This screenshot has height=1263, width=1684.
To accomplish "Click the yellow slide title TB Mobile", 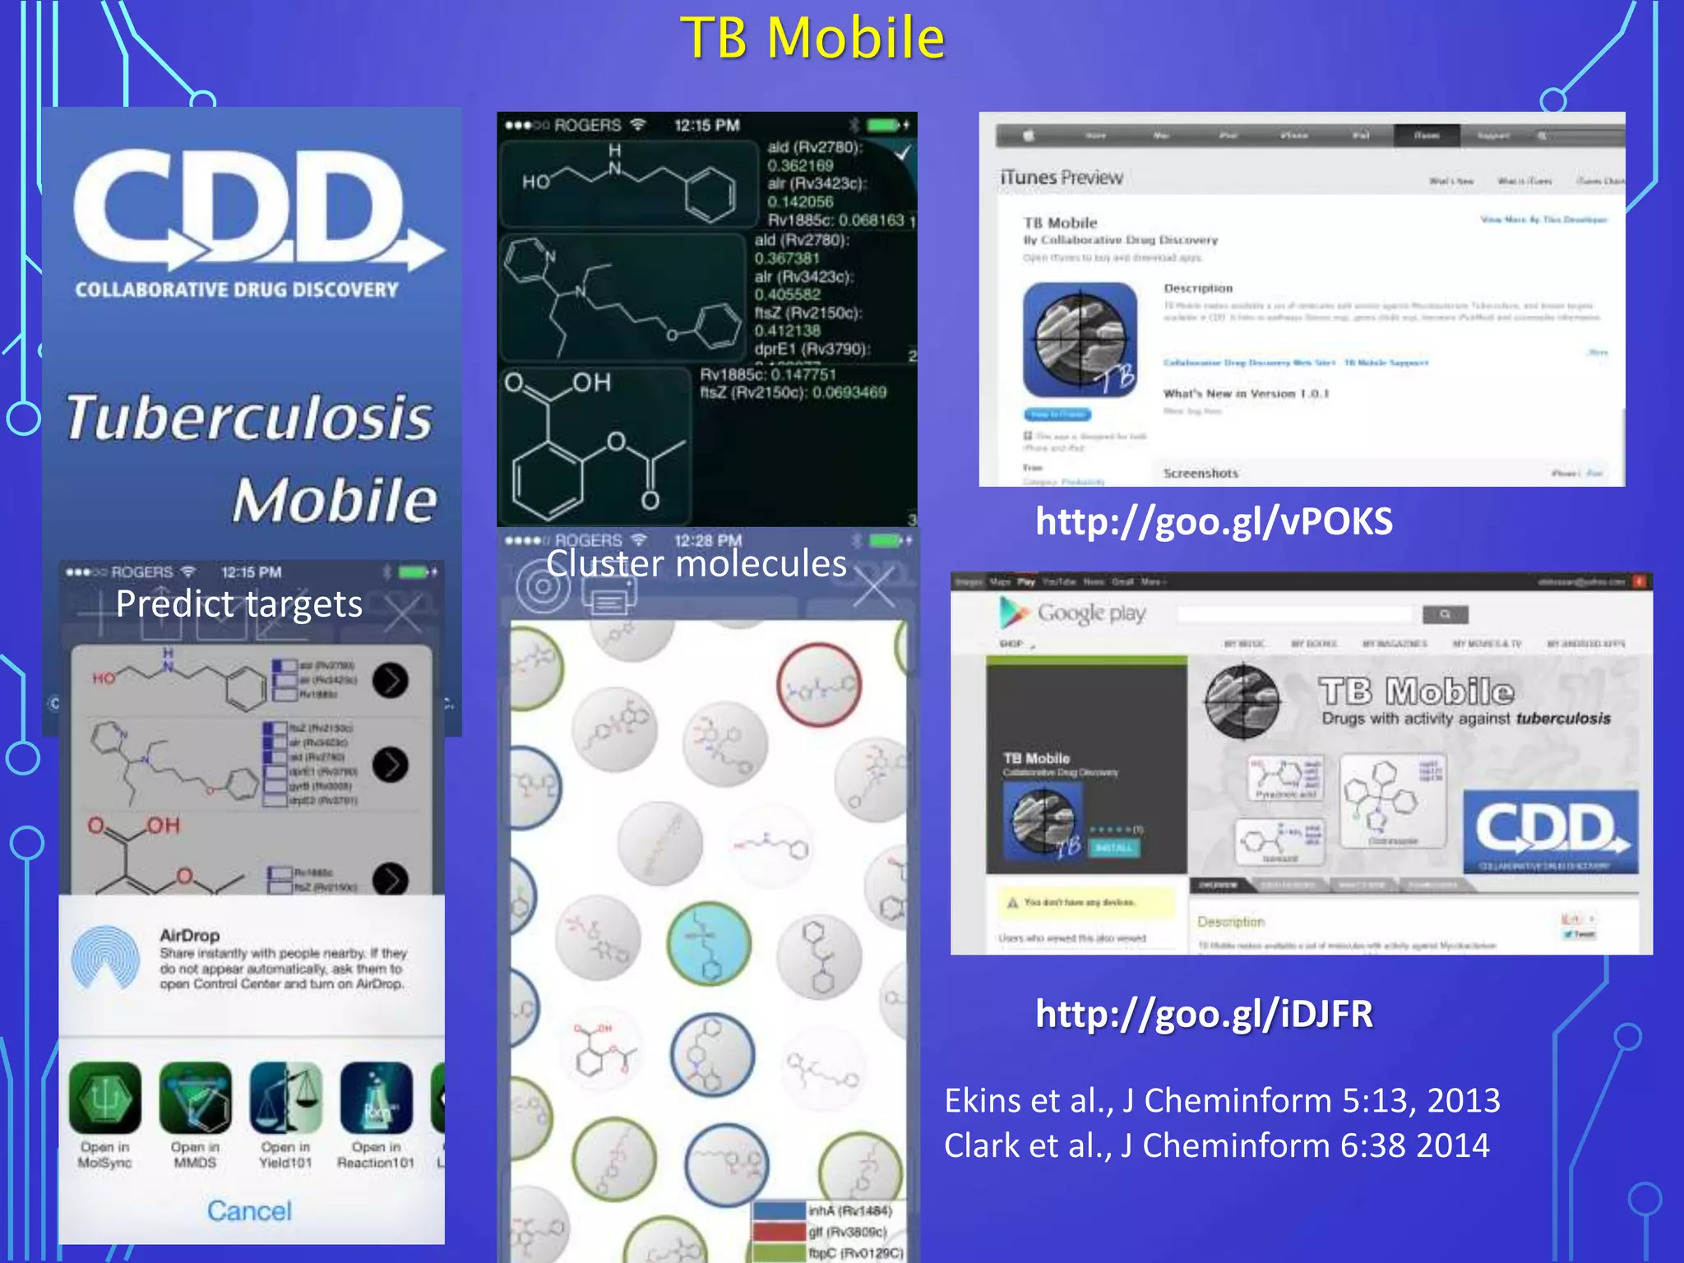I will click(x=812, y=39).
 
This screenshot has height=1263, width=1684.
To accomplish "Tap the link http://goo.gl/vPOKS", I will click(x=1214, y=522).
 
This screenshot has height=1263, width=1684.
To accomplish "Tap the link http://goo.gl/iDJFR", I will click(x=1204, y=1014).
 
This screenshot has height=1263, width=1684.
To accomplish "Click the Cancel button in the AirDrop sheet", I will click(x=249, y=1210).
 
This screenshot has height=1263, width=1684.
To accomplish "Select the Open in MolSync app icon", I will click(x=104, y=1099).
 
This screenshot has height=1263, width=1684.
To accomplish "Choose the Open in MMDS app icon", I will click(x=195, y=1099).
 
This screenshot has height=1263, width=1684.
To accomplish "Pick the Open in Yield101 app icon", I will click(x=285, y=1099).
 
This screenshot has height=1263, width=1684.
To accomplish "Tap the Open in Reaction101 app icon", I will click(x=376, y=1099).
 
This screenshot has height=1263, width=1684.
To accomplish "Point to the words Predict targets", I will click(x=238, y=604).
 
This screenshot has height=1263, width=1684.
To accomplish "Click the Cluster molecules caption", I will click(x=696, y=564).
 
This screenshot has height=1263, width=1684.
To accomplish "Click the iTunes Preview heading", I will click(x=1061, y=178).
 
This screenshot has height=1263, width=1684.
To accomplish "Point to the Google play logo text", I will click(x=1090, y=613).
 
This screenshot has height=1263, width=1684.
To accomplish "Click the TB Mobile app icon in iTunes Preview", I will click(x=1080, y=340).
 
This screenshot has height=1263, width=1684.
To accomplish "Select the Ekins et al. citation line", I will click(x=1222, y=1100).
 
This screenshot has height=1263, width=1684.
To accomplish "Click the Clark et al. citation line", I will click(x=1216, y=1145).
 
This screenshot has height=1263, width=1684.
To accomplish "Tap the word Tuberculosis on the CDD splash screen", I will click(x=249, y=417).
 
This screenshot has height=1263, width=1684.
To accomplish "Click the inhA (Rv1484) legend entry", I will click(x=849, y=1210).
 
